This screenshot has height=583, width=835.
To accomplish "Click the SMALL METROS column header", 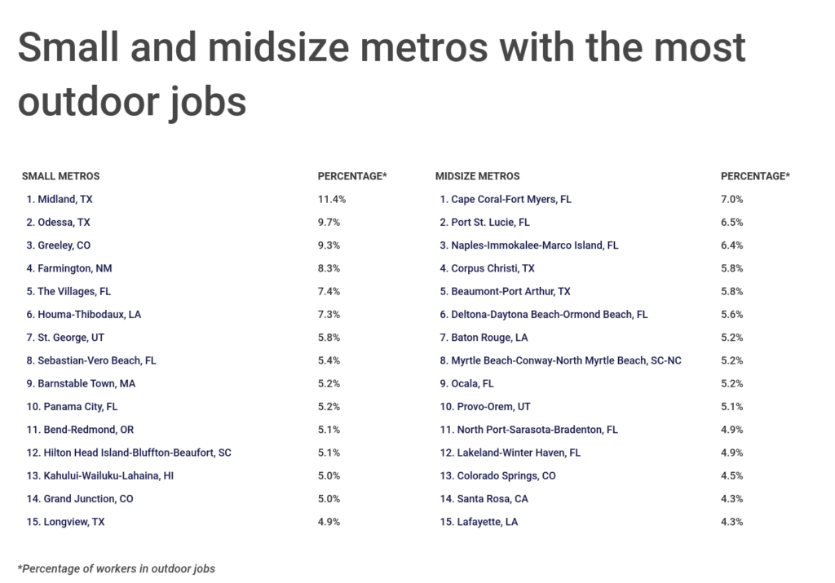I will coord(60,176).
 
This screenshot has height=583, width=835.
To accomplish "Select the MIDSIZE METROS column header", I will coord(477,176).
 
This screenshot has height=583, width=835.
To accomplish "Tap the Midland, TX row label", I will coord(65,199).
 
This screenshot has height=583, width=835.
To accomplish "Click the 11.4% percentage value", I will coord(331,199).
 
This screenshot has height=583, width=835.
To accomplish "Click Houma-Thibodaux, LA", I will coord(83,314).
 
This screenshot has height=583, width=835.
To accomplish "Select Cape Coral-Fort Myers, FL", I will coord(506,199).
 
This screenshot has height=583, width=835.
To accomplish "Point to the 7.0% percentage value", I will coord(732,199).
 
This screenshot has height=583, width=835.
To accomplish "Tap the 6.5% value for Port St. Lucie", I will coord(732,222).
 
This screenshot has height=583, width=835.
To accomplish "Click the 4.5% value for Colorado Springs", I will coord(732,475).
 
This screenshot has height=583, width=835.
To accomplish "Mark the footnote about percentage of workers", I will coord(116,568).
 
